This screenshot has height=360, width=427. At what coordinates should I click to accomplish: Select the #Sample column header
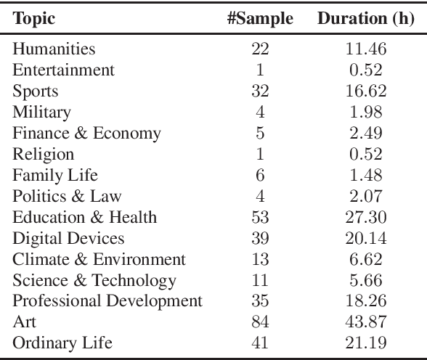[260, 17]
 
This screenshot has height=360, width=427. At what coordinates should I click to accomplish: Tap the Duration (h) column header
[365, 17]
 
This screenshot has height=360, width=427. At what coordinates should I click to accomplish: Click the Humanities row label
[54, 49]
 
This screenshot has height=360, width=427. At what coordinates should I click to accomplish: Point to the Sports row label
[36, 91]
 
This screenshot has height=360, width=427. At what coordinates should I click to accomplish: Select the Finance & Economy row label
[86, 134]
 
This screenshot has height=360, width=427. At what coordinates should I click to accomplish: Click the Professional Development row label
[107, 301]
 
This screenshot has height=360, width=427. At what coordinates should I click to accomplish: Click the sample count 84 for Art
[260, 322]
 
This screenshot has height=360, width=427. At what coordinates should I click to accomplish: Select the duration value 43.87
[366, 322]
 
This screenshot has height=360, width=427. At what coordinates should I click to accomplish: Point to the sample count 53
[260, 218]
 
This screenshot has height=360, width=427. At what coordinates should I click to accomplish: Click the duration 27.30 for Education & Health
[366, 218]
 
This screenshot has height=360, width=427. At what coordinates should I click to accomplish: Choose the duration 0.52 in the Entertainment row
[366, 70]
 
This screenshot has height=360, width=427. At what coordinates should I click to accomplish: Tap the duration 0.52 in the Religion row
[366, 155]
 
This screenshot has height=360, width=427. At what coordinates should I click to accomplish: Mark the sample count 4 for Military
[260, 112]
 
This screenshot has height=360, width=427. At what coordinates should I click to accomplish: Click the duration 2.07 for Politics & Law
[366, 197]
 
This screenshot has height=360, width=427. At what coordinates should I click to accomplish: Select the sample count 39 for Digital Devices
[260, 239]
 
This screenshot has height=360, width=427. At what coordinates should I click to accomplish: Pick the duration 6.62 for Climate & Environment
[366, 260]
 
